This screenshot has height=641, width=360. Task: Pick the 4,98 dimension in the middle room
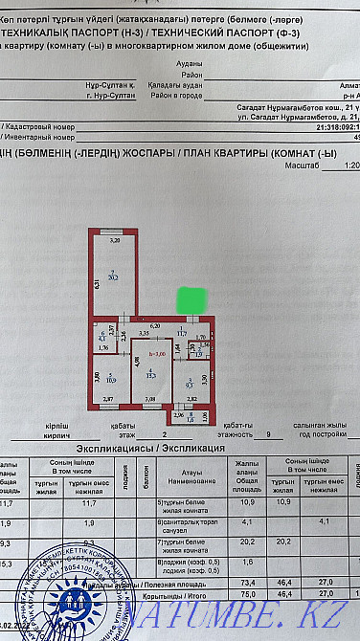pos(137,362)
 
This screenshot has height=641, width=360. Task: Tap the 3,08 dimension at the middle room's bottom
pos(148,397)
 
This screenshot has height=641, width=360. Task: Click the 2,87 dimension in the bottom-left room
pos(108,397)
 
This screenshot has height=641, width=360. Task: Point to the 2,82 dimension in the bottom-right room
pos(191,397)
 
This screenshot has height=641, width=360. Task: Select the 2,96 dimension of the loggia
pos(178,414)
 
